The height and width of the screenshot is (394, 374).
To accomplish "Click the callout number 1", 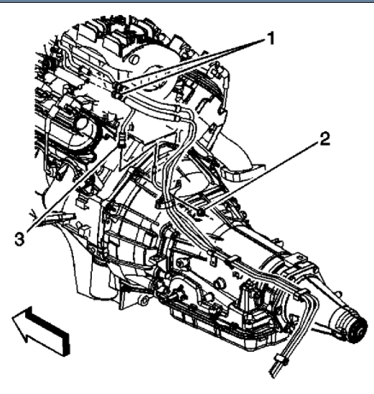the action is coord(271,39).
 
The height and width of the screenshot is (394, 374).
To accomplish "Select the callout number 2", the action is coord(324,139).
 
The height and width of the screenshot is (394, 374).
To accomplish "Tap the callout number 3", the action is coord(19,239).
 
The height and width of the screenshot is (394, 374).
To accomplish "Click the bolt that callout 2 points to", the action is coord(201,212).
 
